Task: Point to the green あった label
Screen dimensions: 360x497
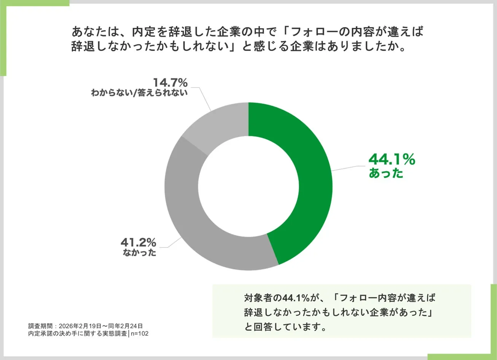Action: [x=386, y=174]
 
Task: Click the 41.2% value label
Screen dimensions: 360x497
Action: [x=139, y=242]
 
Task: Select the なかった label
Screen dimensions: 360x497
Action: [x=139, y=253]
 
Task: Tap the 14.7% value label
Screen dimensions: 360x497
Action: [x=170, y=82]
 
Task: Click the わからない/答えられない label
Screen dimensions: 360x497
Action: [x=139, y=93]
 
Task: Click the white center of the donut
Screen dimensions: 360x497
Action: [x=248, y=186]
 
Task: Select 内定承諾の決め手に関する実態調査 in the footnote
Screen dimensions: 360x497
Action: [x=77, y=334]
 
